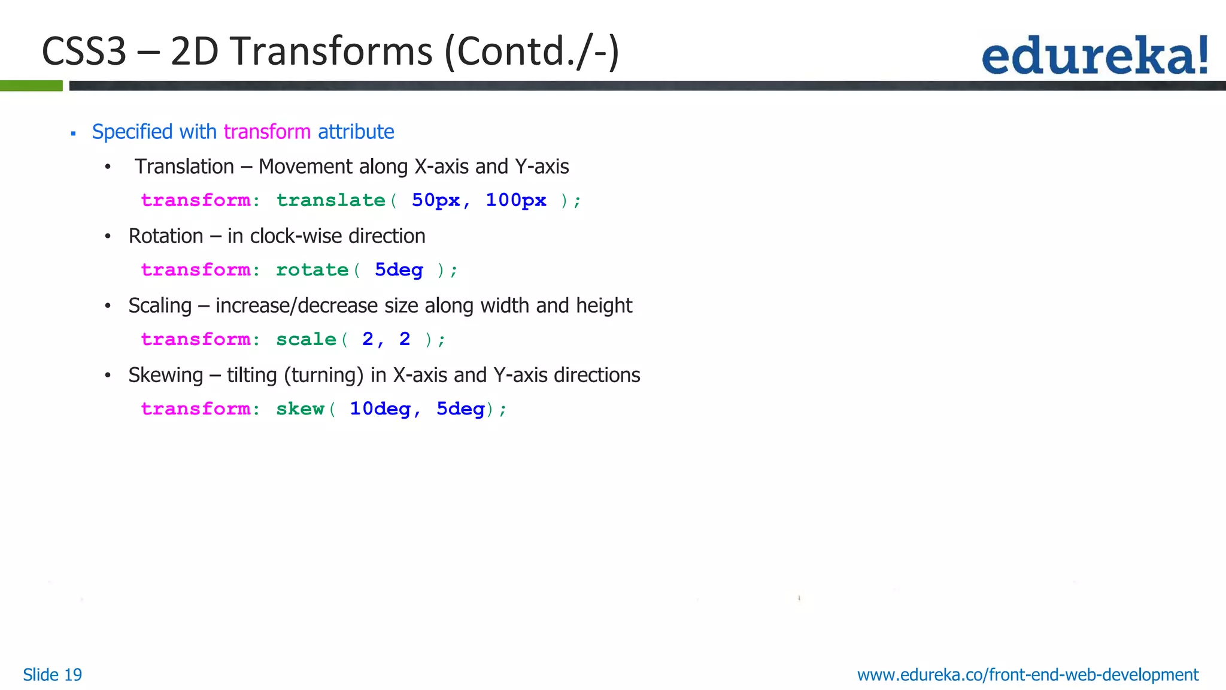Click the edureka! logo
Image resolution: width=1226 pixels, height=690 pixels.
coord(1094,55)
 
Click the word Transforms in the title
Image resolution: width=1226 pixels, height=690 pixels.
coord(331,52)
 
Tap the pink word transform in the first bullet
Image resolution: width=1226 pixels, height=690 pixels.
coord(267,132)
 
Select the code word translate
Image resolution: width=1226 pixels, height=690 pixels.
coord(330,200)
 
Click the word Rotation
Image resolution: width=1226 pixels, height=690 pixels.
coord(166,236)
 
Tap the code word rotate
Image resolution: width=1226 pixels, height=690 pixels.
coord(312,270)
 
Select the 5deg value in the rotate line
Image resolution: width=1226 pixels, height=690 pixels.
coord(399,270)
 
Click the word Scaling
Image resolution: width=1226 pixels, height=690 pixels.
coord(160,305)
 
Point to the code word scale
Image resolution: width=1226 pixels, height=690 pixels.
coord(306,339)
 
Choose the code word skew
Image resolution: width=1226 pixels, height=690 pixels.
coord(300,408)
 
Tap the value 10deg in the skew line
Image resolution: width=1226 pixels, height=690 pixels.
coord(380,408)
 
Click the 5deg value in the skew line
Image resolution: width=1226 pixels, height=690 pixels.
coord(460,408)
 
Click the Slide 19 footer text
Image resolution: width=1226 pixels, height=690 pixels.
coord(53,675)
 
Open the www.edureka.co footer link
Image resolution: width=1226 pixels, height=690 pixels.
coord(1027,675)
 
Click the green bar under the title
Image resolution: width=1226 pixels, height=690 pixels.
coord(31,86)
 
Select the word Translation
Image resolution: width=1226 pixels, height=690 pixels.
coord(184,167)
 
